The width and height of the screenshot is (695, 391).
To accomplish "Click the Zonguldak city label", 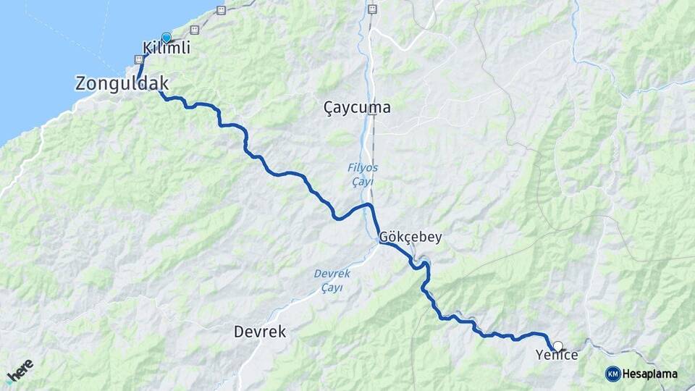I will [122, 83].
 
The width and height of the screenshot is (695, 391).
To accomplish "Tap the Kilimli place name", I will [167, 49].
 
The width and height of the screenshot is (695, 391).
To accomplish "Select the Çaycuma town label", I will [357, 108].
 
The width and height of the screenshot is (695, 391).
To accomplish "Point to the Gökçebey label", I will [410, 237].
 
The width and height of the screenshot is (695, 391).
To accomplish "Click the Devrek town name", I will [260, 332].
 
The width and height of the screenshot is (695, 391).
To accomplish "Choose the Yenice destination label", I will [557, 355].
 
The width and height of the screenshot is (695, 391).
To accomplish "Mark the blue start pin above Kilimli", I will [167, 38].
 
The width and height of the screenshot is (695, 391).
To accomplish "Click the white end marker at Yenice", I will [557, 346].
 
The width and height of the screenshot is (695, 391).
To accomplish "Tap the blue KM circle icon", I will [612, 374].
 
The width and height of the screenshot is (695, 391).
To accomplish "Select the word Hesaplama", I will [649, 374].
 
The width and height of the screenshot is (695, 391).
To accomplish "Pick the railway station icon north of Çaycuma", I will [372, 9].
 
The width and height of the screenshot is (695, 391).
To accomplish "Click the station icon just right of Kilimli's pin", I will [194, 30].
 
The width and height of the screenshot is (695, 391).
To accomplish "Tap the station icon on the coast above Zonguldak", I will [138, 59].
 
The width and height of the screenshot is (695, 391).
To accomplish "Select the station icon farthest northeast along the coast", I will [221, 10].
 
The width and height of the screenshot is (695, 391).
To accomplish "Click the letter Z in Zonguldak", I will [81, 83].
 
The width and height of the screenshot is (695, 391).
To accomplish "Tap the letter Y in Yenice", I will [539, 355].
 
